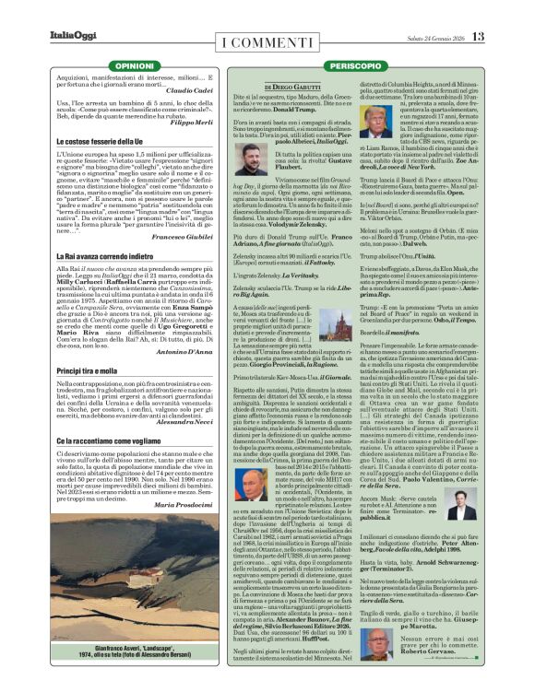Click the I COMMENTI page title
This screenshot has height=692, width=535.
click(x=267, y=41)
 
